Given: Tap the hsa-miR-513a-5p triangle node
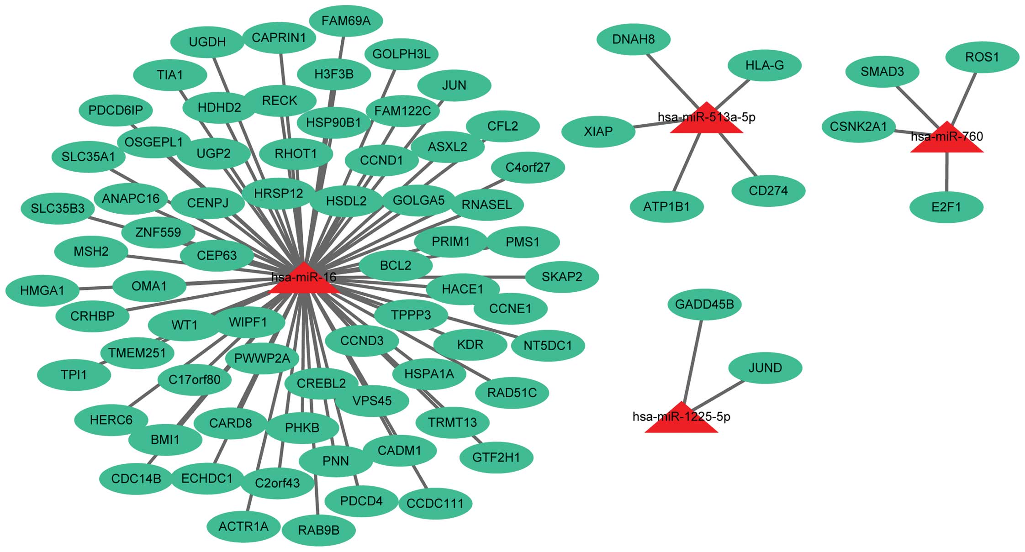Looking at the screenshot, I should tap(706, 121).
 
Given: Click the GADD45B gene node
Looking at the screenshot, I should tap(704, 304).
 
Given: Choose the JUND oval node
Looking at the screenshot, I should tap(765, 368).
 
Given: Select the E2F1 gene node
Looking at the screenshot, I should tap(946, 207).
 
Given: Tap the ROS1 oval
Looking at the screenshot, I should tap(982, 57).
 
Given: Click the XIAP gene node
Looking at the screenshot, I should tap(598, 132).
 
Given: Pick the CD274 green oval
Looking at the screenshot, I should tap(768, 190).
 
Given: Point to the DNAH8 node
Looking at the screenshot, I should tap(634, 39).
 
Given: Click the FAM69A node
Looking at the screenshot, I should tap(346, 21).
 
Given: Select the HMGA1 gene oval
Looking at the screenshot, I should tap(42, 290).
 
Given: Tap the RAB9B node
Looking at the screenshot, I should tap(319, 531).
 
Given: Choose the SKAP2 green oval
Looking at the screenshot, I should tap(562, 277).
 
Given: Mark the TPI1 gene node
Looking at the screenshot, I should tap(74, 375).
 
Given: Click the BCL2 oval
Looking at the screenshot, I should tap(396, 265).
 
